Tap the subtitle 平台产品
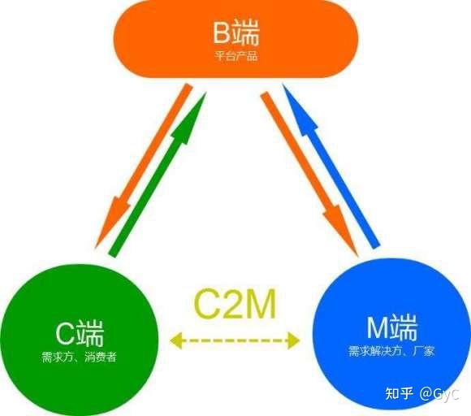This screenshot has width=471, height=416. click(x=235, y=56)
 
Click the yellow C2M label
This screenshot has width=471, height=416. click(x=235, y=304)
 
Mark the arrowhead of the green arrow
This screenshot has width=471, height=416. click(x=196, y=105)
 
